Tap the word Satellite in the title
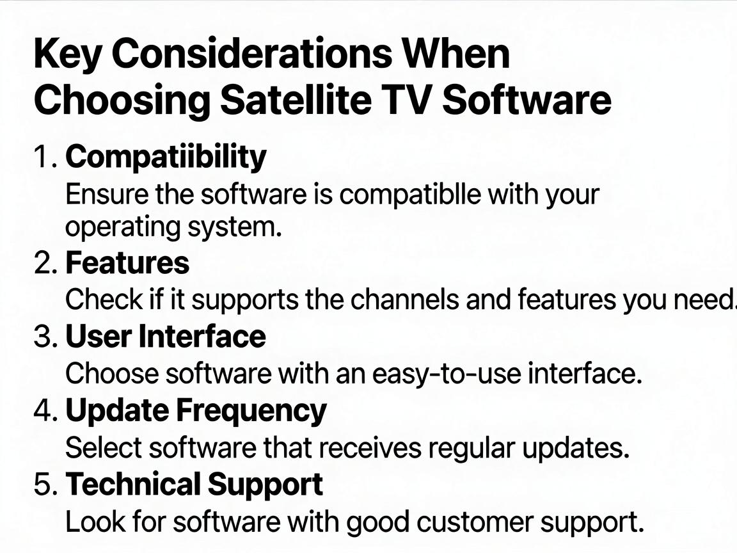click(x=296, y=100)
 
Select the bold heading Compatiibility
click(x=166, y=157)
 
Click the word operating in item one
click(x=122, y=228)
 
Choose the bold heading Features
click(x=127, y=263)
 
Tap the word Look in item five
click(x=95, y=522)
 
